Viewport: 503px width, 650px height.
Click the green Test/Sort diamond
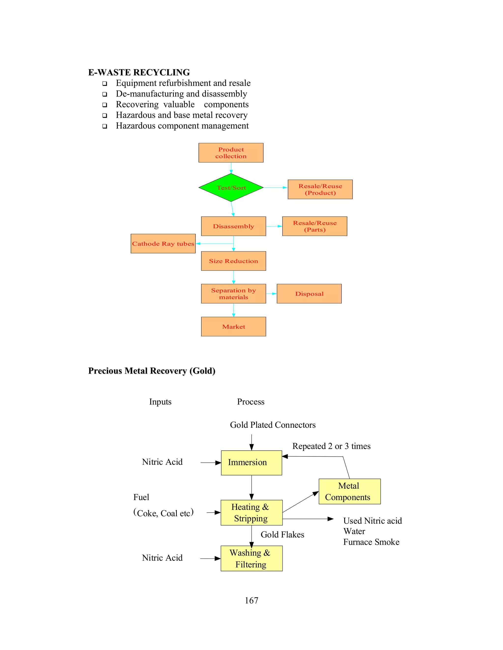[231, 187]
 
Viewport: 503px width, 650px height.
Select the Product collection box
[231, 153]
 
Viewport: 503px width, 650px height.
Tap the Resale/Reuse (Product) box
[320, 189]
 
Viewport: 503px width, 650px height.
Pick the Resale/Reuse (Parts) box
[315, 226]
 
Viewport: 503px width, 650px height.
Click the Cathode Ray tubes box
[163, 244]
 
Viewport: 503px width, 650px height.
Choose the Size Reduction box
[233, 261]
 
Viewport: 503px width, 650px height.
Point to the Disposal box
[309, 294]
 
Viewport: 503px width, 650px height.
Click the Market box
[233, 326]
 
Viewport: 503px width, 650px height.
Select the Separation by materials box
[233, 294]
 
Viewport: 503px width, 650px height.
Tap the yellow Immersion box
[251, 463]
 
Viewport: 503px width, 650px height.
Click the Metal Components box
[349, 491]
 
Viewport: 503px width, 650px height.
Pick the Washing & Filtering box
[251, 558]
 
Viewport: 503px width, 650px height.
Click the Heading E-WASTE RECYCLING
[139, 72]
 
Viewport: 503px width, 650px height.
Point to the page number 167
[251, 600]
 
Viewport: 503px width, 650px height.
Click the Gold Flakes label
[282, 534]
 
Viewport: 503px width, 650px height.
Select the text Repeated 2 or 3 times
[331, 446]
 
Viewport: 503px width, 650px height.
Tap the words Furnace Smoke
[371, 542]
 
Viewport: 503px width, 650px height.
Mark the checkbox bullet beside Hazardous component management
[105, 126]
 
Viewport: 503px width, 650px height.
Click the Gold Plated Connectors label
[273, 425]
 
